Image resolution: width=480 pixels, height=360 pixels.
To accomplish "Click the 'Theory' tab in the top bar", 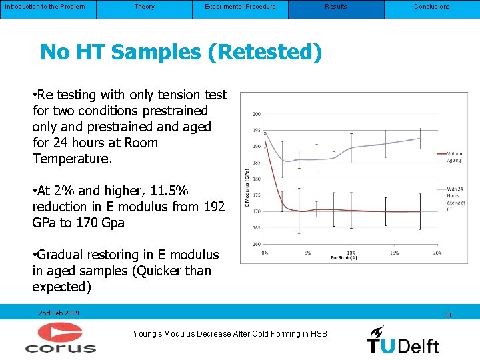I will pos(144,7).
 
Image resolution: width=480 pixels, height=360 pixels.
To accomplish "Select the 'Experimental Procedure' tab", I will pos(240,7).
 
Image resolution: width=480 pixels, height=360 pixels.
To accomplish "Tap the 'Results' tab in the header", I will pos(336,7).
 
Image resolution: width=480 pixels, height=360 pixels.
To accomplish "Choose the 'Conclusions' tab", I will pos(431,7).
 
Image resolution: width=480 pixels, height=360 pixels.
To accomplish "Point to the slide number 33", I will pos(447,315).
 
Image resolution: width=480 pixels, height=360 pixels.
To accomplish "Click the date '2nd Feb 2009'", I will pos(59,313).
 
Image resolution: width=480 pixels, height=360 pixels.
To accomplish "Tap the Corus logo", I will pos(61,338).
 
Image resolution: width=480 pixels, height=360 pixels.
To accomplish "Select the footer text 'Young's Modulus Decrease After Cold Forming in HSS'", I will pos(230,334).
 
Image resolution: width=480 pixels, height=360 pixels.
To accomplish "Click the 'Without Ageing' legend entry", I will pos(455,157).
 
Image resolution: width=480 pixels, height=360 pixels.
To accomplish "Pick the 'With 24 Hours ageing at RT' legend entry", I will pos(455,199).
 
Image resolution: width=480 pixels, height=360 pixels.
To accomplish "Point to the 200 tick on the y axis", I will pos(256,114).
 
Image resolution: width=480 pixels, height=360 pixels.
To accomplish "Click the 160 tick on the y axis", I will pos(256,243).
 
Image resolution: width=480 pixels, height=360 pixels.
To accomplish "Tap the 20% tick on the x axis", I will pos(437,253).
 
